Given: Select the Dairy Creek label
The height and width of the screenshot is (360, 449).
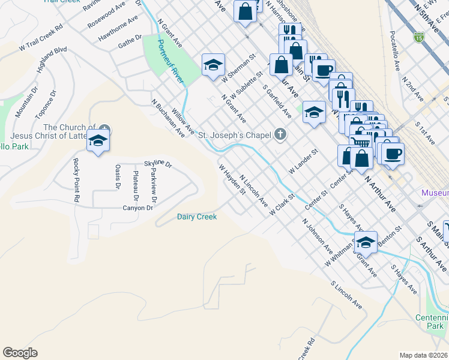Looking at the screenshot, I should (x=196, y=217).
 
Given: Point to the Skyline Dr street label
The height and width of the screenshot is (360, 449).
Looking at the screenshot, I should (x=158, y=164).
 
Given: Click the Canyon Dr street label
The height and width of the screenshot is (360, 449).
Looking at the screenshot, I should (x=138, y=208).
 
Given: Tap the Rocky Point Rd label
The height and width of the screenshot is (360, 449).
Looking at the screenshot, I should (x=76, y=179).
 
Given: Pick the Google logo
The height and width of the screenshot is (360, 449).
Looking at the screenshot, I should (x=20, y=353).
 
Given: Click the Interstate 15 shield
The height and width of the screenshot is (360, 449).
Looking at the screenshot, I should (x=417, y=38).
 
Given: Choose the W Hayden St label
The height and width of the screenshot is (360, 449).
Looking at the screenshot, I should (x=232, y=181).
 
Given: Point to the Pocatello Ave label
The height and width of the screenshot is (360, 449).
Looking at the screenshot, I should (x=394, y=51).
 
